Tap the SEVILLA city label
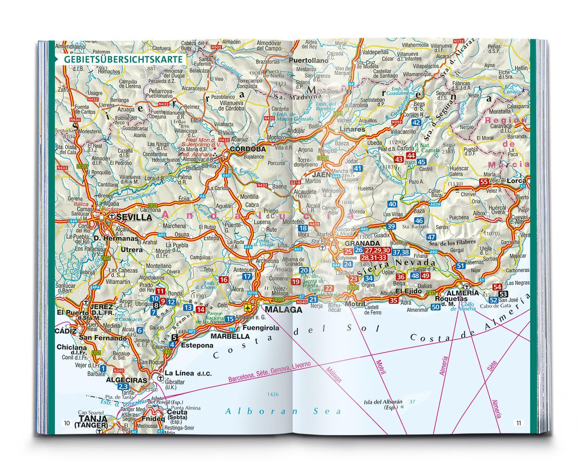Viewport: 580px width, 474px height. point(134,217)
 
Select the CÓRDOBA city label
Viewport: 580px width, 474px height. point(248,149)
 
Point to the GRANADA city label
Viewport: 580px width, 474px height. point(362,243)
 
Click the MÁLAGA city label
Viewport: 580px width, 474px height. point(283,310)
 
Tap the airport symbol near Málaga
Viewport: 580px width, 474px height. point(248,308)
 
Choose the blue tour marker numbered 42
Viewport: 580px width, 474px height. point(416,123)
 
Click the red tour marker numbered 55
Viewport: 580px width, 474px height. point(483,181)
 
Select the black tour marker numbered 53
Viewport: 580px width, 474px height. point(504,293)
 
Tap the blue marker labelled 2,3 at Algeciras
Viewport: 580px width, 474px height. point(113,387)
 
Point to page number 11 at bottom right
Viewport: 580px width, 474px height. point(519,423)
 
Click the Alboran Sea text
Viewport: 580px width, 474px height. point(283,411)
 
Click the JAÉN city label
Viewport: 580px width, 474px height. point(321,174)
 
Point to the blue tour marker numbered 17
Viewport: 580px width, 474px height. point(247,276)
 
